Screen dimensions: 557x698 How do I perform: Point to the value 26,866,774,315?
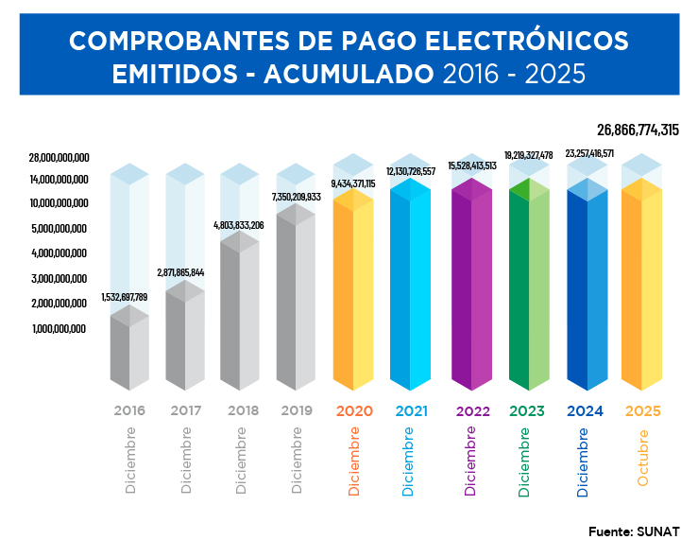[638, 131]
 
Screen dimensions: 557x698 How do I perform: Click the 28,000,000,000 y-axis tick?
[59, 157]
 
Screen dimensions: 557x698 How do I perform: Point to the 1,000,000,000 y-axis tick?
[59, 329]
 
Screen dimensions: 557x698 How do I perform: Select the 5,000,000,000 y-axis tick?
[59, 229]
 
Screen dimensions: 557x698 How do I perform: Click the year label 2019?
[296, 411]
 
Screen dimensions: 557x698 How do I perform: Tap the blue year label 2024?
[585, 411]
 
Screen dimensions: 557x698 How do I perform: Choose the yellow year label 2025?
[642, 411]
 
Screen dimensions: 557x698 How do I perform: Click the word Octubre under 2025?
[643, 459]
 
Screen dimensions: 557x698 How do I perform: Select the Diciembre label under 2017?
[186, 461]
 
